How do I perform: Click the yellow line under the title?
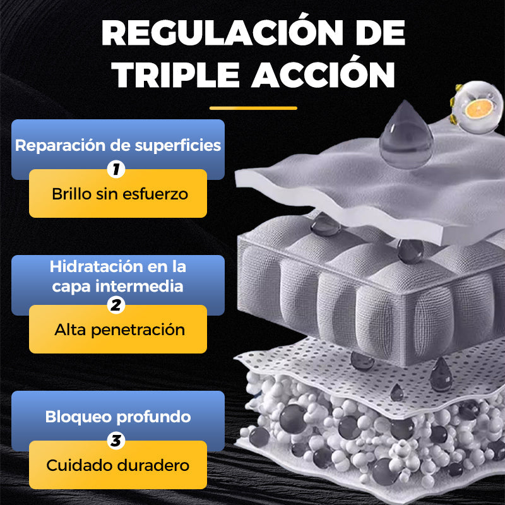(252, 108)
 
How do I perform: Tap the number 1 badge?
(116, 169)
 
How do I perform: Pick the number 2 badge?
(116, 306)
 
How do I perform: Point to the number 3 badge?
(116, 441)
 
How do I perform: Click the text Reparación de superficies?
(118, 145)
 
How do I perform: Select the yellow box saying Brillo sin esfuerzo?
(118, 194)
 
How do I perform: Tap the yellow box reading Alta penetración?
(118, 330)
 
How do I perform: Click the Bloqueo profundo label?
(118, 417)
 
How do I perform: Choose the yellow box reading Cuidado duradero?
(118, 466)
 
